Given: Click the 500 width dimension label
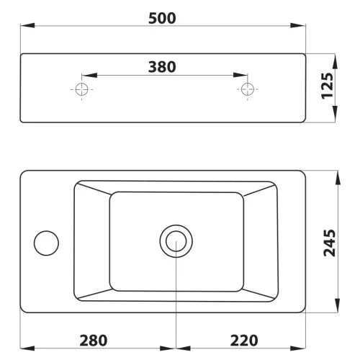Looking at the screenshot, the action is coord(162,18).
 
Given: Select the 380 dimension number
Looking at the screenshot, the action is coord(162,67).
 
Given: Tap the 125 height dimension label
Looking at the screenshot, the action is coord(328,86).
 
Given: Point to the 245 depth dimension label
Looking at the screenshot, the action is coord(329,243).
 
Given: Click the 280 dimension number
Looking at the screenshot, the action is coord(94,341).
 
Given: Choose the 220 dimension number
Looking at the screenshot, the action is coord(244,341).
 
